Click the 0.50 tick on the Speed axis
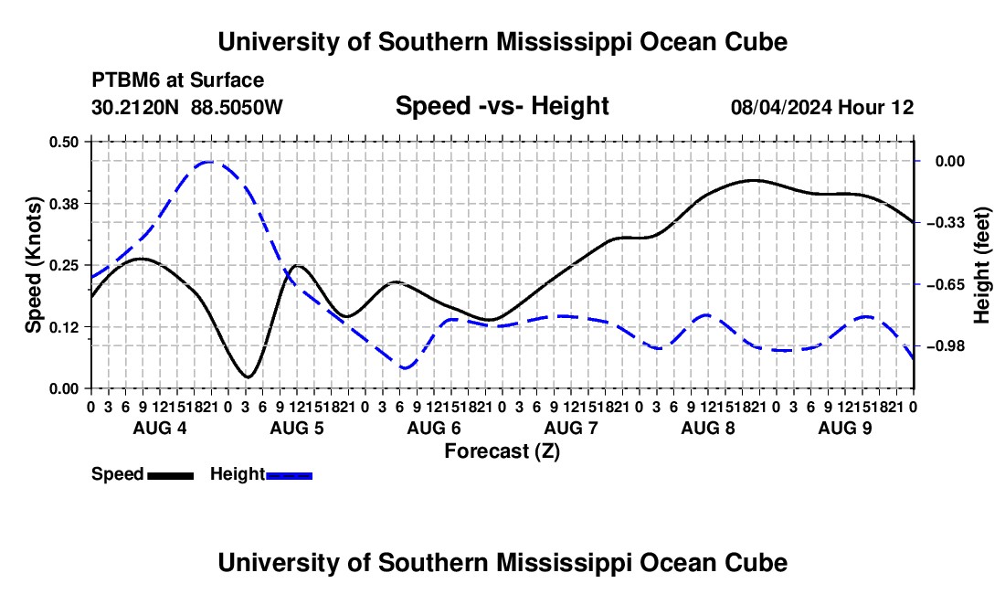pos(63,142)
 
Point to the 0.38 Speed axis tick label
pos(63,204)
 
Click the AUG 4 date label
pos(160,428)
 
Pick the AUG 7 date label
pos(571,428)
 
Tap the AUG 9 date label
pos(845,428)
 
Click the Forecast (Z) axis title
pos(502,451)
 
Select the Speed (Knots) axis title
pos(33,265)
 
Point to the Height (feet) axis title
pos(982,265)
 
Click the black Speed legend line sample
pos(171,475)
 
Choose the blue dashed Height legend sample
pos(289,475)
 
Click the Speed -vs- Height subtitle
pos(502,106)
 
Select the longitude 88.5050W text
pos(237,107)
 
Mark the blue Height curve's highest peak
pos(209,162)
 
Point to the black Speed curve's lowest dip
pos(248,377)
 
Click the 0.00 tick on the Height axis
pos(950,161)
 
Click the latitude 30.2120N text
pos(135,107)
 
